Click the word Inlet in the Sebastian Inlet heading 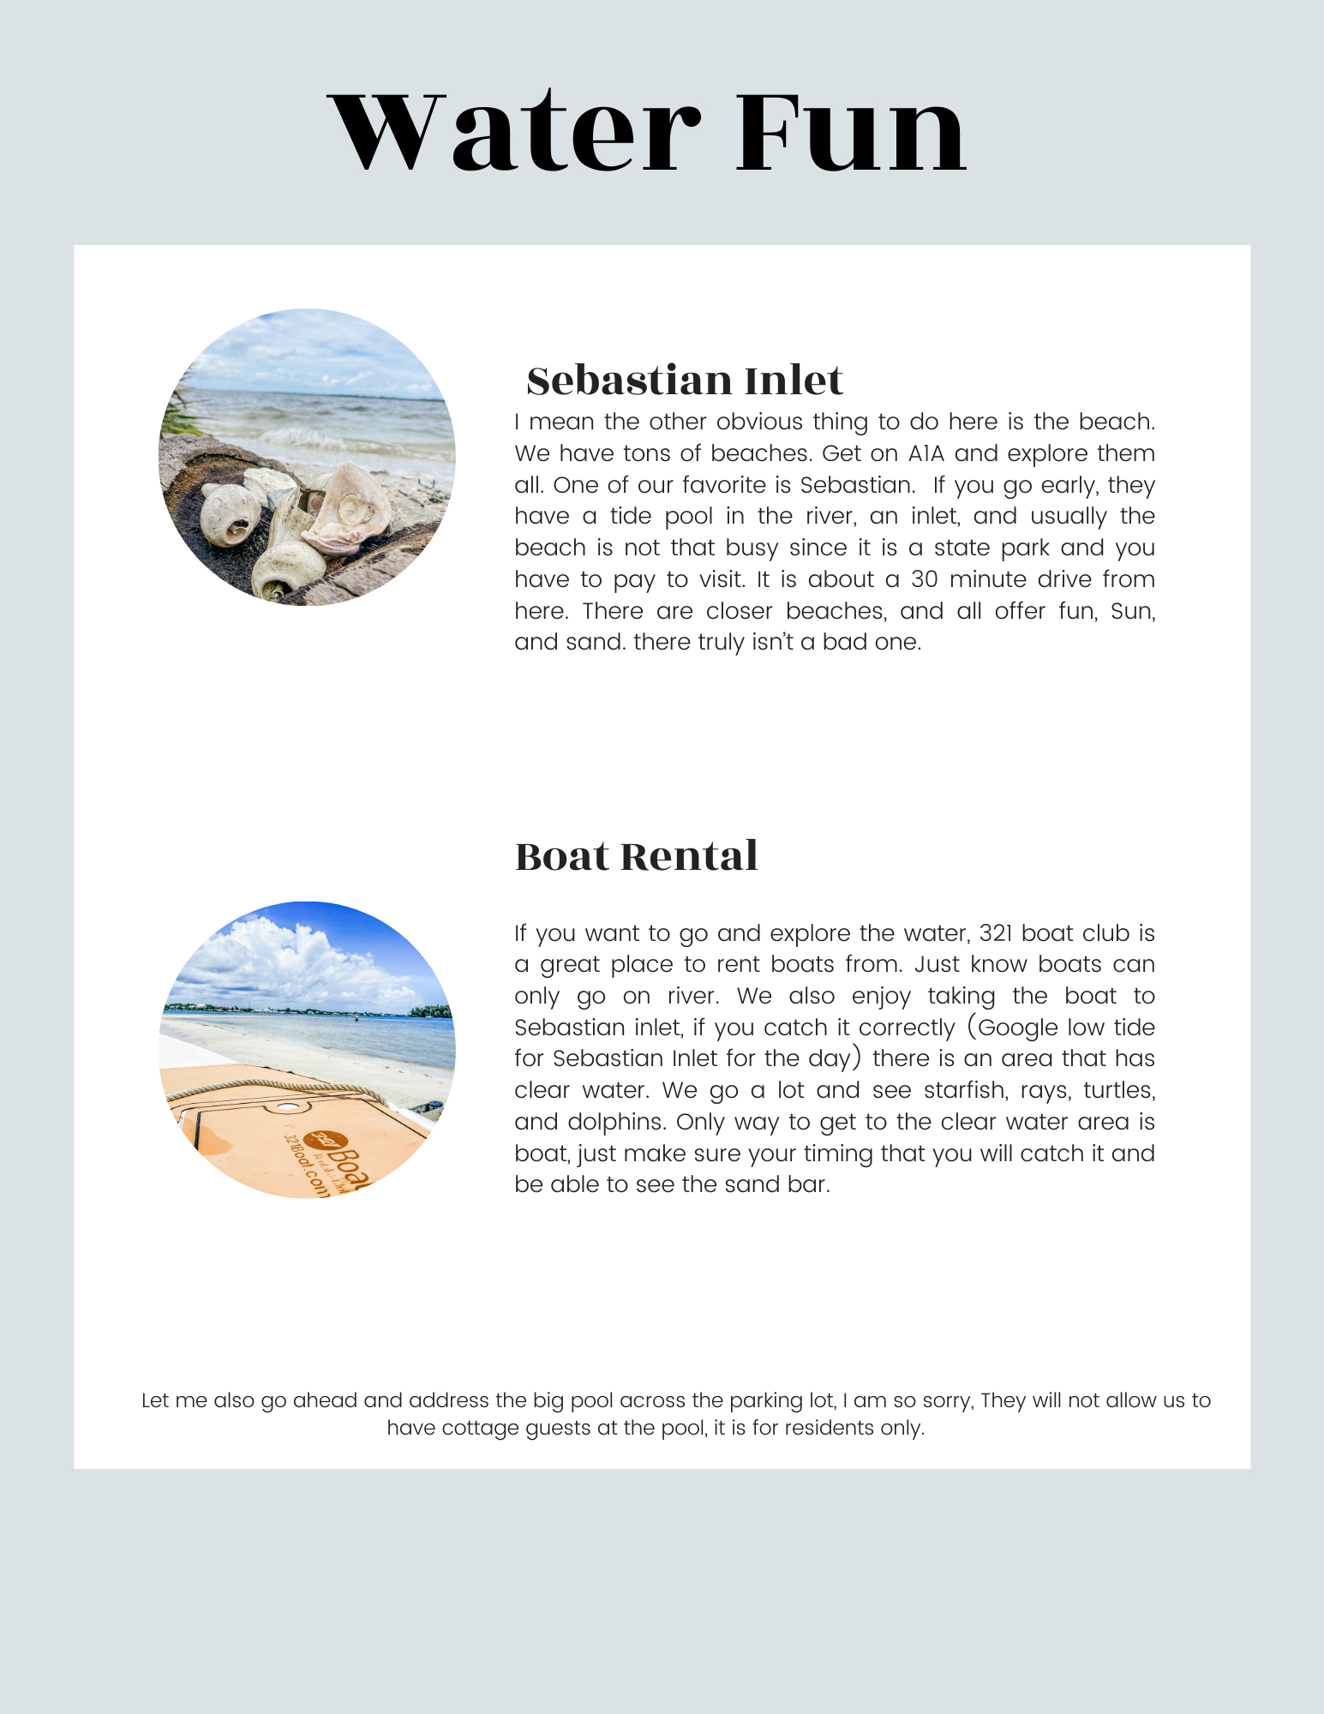tap(794, 381)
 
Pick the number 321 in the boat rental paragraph tap(997, 932)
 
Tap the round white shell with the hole tap(231, 514)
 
